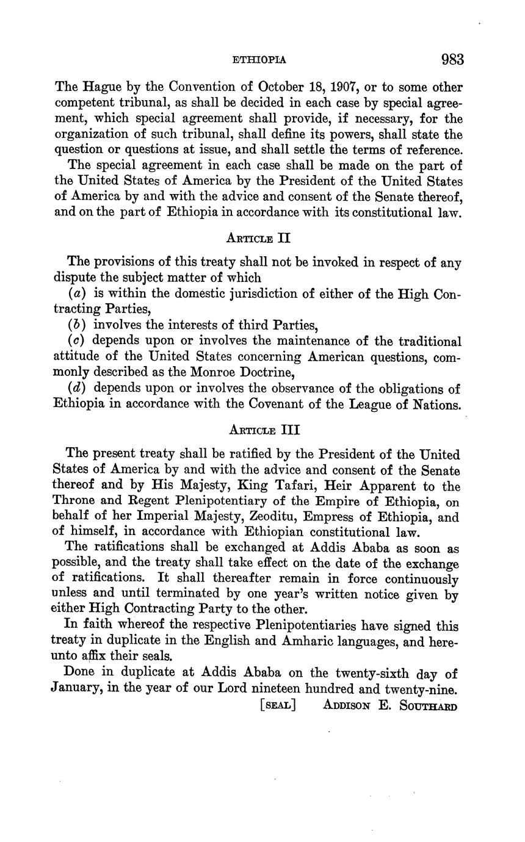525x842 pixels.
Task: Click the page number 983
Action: tap(452, 60)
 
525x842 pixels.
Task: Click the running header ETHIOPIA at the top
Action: tap(259, 60)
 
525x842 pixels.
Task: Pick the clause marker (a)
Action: tap(76, 293)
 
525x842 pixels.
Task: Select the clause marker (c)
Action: tap(76, 341)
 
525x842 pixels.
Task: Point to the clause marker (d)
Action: tap(76, 389)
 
